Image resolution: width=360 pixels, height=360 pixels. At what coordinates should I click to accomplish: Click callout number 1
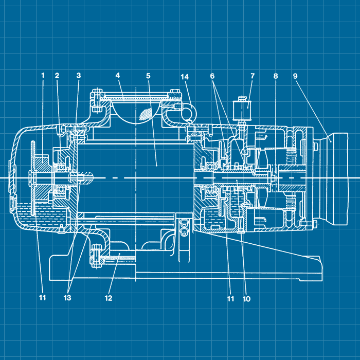pos(43,76)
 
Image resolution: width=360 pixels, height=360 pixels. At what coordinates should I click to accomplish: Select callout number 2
pos(57,76)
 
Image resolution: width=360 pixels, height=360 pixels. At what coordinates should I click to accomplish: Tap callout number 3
pos(78,76)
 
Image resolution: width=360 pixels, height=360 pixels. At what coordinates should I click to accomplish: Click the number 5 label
pos(148,76)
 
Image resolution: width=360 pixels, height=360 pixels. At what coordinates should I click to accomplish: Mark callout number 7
pos(253,76)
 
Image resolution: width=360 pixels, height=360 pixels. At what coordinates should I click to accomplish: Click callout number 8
pos(276,76)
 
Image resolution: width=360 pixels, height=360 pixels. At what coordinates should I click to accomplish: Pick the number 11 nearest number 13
pos(43,298)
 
